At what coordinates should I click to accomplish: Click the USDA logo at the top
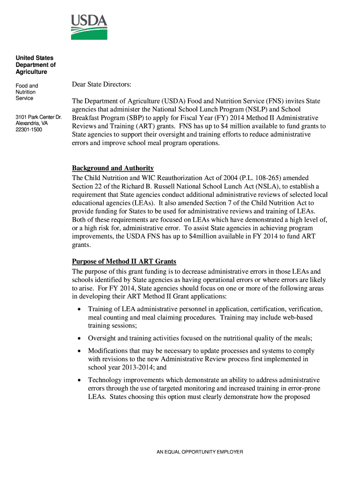(x=89, y=27)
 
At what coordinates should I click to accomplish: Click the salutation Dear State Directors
(x=101, y=84)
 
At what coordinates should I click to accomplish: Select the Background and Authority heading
(x=113, y=168)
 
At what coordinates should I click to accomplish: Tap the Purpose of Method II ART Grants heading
(x=124, y=261)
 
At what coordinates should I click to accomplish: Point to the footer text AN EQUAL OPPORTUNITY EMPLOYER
(x=200, y=452)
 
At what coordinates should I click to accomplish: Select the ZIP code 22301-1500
(x=29, y=130)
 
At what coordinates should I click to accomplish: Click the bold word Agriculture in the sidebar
(x=31, y=72)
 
